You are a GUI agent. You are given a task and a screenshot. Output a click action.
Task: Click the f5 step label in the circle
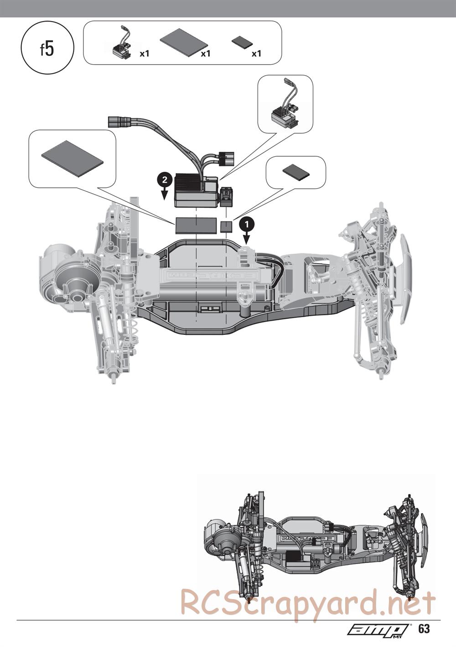47,49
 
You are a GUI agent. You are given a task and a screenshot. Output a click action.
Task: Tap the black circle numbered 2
165,180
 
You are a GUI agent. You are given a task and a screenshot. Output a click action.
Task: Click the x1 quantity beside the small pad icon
256,53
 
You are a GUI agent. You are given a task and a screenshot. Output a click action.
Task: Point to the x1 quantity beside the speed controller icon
144,53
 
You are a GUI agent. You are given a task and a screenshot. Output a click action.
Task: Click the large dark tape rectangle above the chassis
196,225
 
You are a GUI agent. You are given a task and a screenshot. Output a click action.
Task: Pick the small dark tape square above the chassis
227,226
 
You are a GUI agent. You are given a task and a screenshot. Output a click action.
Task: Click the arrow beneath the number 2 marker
165,194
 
